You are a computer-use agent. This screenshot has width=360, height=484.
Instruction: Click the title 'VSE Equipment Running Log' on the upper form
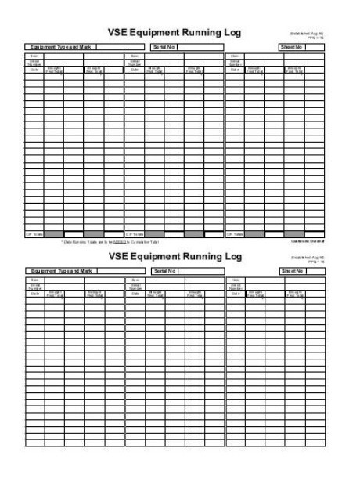pyautogui.click(x=175, y=32)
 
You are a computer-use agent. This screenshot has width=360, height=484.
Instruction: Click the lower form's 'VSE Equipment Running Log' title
pyautogui.click(x=175, y=256)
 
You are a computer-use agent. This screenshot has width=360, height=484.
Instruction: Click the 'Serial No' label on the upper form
pyautogui.click(x=164, y=47)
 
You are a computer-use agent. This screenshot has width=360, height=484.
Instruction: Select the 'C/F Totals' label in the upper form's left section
pyautogui.click(x=34, y=233)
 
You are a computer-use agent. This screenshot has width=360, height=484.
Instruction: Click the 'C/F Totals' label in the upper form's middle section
pyautogui.click(x=135, y=233)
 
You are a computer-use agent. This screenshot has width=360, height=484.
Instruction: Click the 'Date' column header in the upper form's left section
pyautogui.click(x=34, y=69)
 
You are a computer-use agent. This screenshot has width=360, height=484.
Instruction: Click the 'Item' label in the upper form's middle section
pyautogui.click(x=135, y=56)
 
